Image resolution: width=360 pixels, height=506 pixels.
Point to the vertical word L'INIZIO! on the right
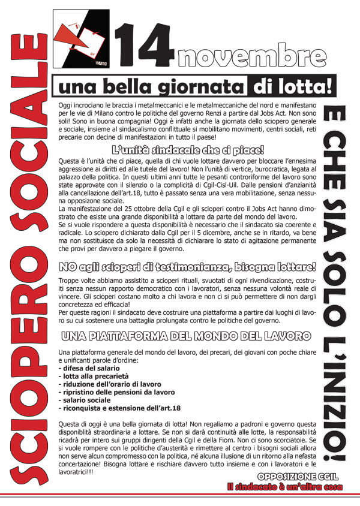click(337, 390)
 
